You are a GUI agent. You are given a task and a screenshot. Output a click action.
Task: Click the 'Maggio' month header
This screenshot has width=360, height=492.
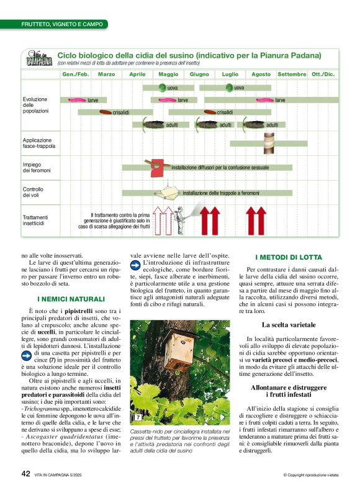tap(168, 75)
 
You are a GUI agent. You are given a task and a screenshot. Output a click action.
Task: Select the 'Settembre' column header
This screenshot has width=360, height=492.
tap(292, 75)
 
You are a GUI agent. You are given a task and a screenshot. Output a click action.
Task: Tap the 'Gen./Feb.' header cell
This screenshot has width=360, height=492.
tap(75, 75)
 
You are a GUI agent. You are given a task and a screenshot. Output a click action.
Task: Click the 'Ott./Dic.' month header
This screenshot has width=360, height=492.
tap(323, 75)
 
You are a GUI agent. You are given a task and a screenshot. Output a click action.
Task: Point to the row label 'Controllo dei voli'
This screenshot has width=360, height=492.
tap(34, 192)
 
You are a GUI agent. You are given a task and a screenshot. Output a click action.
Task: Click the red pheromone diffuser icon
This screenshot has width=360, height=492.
tap(157, 166)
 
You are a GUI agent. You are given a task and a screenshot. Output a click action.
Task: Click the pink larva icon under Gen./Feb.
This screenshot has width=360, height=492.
tap(77, 99)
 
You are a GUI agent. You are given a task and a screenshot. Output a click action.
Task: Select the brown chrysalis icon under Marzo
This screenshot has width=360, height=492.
tap(105, 112)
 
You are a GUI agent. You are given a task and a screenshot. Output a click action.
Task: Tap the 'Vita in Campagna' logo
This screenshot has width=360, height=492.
tap(38, 58)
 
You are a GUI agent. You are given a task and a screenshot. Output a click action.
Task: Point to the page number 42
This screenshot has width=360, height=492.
tap(26, 473)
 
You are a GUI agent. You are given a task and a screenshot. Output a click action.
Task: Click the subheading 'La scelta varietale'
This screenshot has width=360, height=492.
tap(289, 325)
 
